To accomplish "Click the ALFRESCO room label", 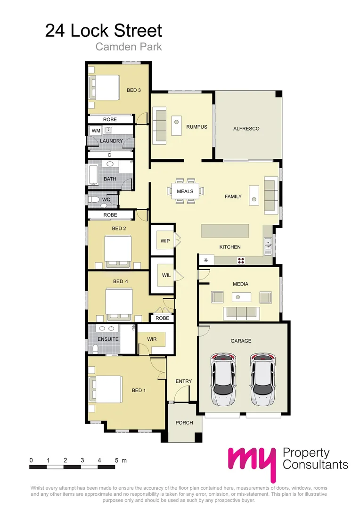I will [246, 129].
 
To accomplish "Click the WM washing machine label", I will [96, 131].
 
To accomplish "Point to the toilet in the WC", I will [94, 200].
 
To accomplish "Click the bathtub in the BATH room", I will [92, 173].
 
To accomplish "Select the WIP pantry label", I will [165, 241].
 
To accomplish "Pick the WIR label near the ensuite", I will [152, 339].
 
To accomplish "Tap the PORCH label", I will [184, 423].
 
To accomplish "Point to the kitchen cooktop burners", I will [240, 260].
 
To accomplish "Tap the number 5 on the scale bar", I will [116, 460].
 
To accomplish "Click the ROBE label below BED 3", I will [110, 120].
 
